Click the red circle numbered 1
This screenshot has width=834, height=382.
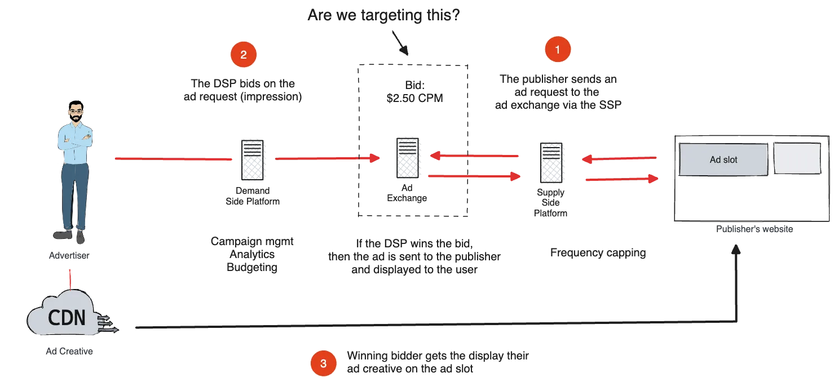click(x=558, y=50)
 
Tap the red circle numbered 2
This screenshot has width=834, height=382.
click(x=244, y=55)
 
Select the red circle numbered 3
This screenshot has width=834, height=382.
click(x=323, y=364)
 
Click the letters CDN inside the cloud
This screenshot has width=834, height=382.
click(x=67, y=318)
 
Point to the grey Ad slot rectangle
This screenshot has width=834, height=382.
click(x=723, y=159)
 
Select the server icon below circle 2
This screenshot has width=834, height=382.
click(x=253, y=160)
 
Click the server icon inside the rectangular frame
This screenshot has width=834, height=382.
click(x=407, y=159)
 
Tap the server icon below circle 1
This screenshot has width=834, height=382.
click(x=552, y=162)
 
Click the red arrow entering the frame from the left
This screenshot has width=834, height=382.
click(x=327, y=159)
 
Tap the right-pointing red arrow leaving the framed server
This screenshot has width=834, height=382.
click(x=474, y=177)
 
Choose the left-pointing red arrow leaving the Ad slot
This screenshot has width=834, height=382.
click(x=620, y=160)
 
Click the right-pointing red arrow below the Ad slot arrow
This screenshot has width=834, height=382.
click(x=620, y=180)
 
